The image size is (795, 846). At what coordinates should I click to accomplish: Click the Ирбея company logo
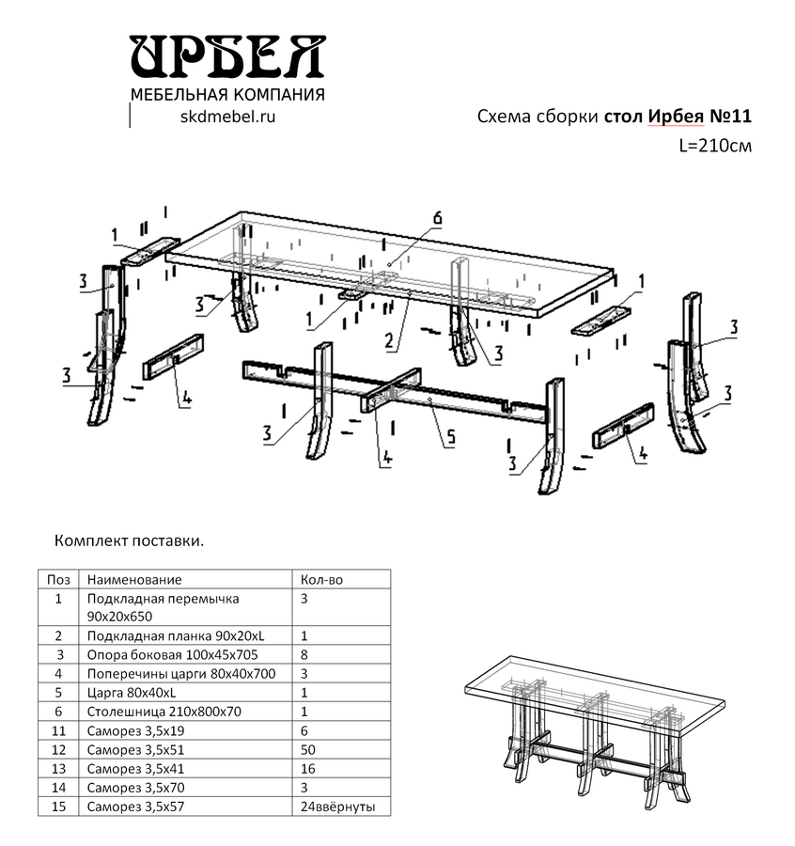point(227,58)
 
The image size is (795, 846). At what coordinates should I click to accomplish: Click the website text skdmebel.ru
point(226,116)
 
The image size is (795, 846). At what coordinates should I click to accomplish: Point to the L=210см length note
point(715,147)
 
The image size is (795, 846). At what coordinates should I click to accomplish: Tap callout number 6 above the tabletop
point(437,218)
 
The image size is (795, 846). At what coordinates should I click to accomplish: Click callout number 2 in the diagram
point(388,340)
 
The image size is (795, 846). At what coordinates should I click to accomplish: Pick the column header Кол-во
point(321,580)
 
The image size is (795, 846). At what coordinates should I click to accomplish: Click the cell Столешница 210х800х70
point(164,712)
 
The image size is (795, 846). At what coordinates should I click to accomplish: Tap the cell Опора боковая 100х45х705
point(172,654)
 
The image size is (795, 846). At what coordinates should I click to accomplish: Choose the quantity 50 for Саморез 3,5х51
point(308,749)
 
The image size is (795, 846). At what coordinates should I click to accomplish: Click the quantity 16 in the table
point(308,768)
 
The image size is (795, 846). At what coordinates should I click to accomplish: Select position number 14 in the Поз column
point(58,788)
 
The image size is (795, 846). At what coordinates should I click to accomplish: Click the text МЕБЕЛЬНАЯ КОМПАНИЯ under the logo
point(227,94)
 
